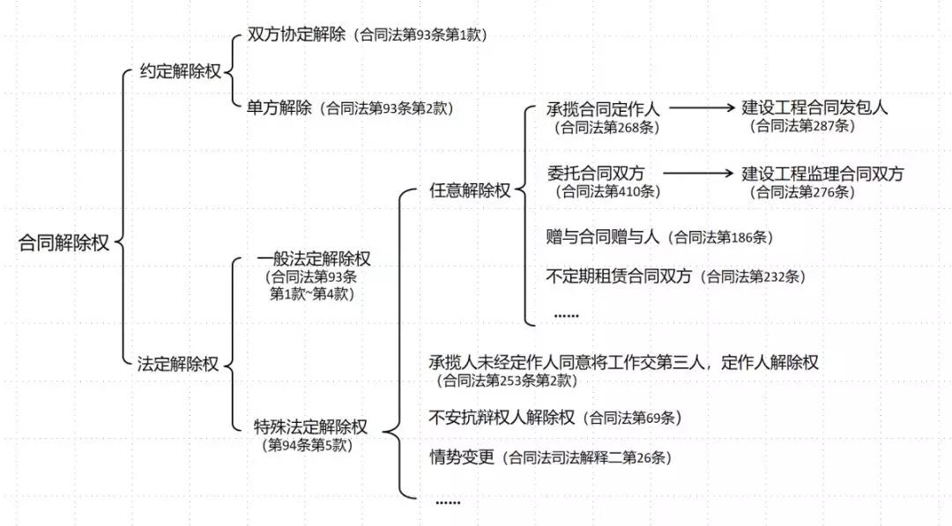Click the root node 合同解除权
tap(64, 244)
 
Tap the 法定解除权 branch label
tap(177, 363)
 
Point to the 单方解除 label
tap(279, 107)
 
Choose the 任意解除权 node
tap(470, 191)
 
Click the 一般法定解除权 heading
tap(314, 260)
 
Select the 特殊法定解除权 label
tap(310, 427)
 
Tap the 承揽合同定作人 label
tap(606, 108)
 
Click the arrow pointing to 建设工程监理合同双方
tap(697, 174)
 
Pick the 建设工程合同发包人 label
tap(814, 108)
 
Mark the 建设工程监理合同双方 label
tap(822, 174)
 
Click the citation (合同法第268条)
tap(606, 127)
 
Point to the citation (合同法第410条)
tap(606, 191)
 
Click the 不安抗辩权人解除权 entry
tap(502, 417)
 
